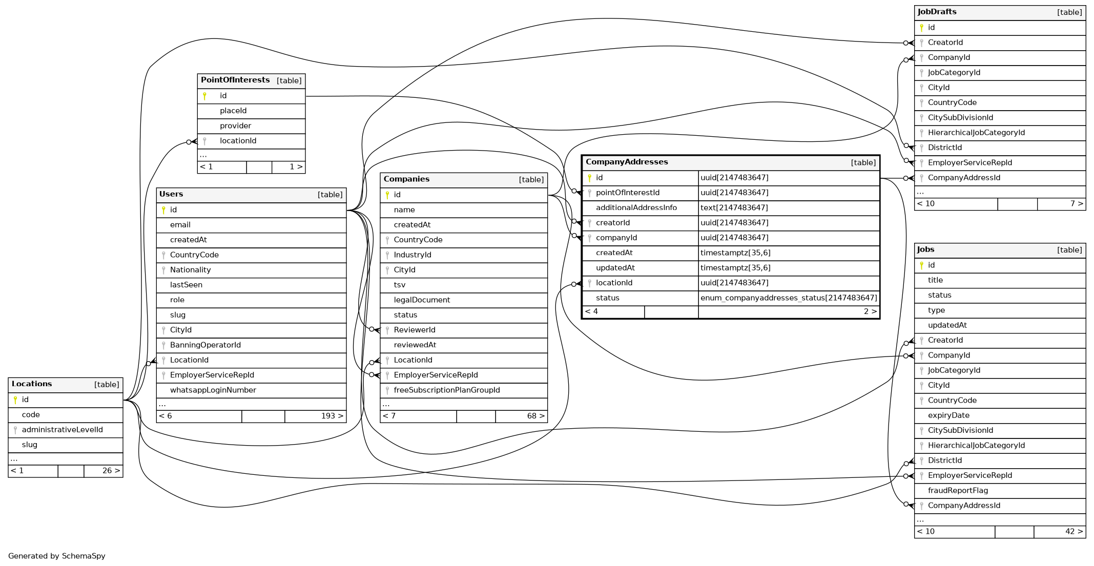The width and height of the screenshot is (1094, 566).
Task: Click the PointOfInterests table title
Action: click(235, 80)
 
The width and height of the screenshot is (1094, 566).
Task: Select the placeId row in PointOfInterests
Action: click(233, 111)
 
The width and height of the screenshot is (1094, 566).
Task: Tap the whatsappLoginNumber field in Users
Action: click(213, 390)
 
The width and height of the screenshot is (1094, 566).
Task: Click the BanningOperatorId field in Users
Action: click(205, 345)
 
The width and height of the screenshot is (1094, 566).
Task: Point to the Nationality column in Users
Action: click(190, 270)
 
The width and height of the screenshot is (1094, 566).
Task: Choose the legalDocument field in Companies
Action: click(422, 300)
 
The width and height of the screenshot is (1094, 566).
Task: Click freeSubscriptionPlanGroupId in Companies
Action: click(446, 390)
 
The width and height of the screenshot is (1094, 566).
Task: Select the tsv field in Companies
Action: click(400, 285)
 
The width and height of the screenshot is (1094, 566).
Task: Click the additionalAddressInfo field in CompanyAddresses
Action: click(636, 208)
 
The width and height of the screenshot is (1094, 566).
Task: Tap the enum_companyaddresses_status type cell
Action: click(789, 298)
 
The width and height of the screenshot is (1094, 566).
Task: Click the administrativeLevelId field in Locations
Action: click(62, 430)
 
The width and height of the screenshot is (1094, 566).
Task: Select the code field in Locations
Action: click(31, 415)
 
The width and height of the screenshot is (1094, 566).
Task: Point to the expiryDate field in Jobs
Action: click(948, 415)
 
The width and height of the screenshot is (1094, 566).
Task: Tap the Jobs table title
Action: click(925, 249)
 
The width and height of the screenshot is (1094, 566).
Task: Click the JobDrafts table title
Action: click(937, 12)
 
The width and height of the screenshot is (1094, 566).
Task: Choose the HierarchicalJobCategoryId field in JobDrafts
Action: click(976, 133)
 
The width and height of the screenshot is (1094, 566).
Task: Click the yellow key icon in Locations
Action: click(15, 400)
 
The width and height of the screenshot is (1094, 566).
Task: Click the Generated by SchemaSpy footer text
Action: click(56, 556)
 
